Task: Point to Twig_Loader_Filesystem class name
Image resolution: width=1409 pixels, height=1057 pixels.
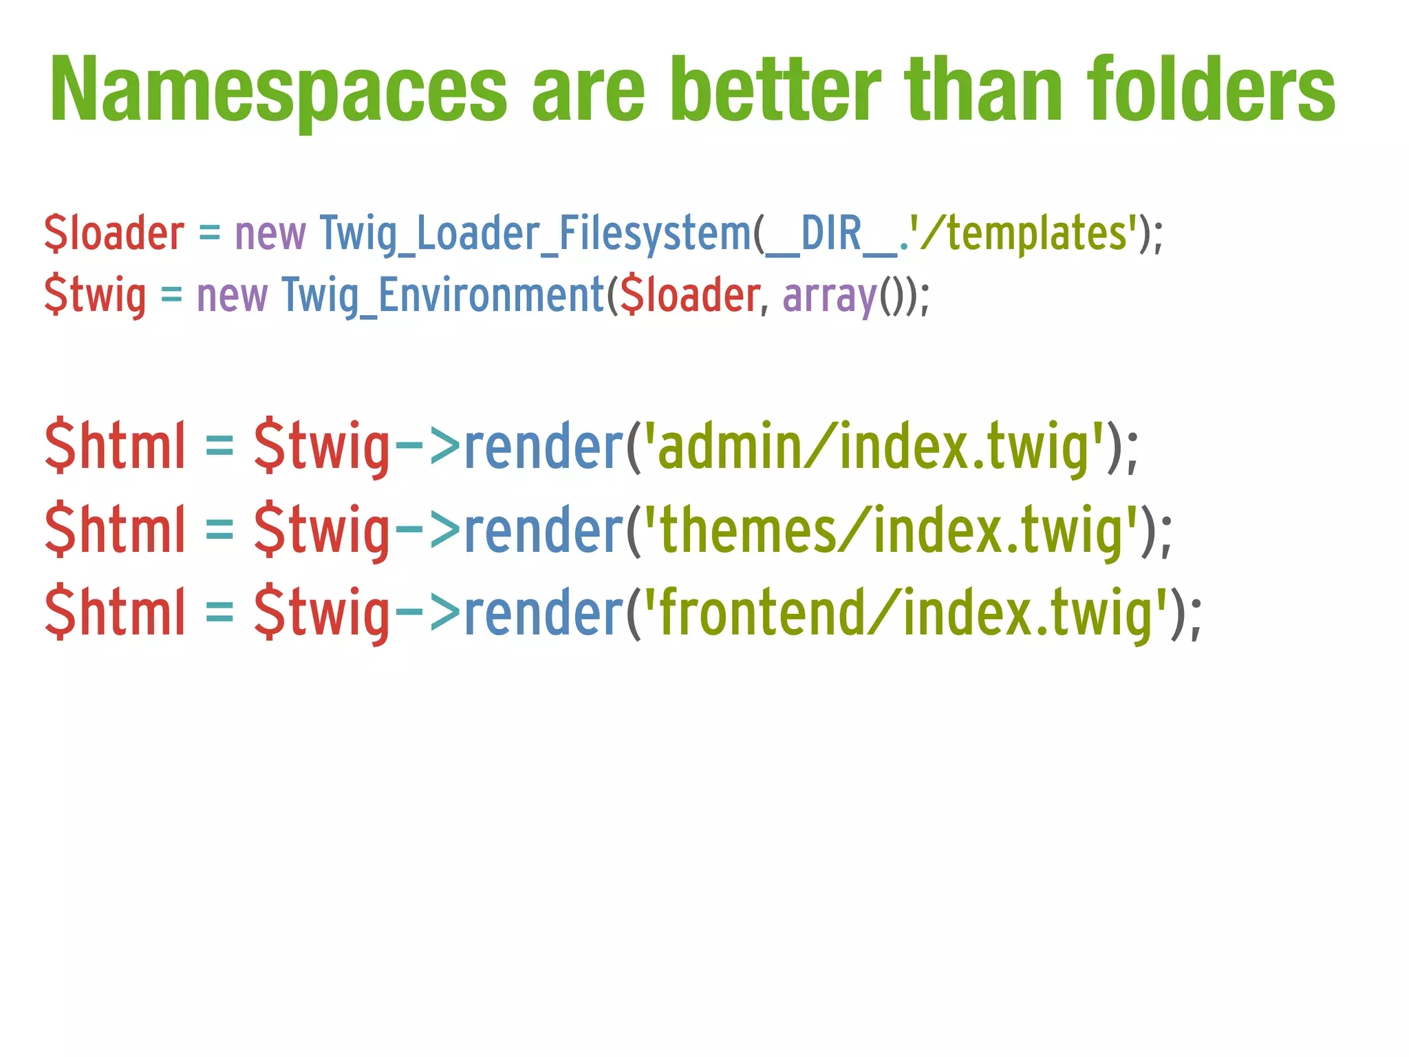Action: pyautogui.click(x=535, y=234)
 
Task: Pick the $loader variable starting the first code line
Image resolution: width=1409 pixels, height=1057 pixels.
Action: pyautogui.click(x=114, y=234)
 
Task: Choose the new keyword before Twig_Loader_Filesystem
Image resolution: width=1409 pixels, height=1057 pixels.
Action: pyautogui.click(x=270, y=234)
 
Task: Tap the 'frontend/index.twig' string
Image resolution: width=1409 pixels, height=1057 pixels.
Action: pyautogui.click(x=905, y=614)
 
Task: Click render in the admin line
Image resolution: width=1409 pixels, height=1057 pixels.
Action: pyautogui.click(x=544, y=447)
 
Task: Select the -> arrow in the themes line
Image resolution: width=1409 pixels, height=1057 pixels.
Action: pyautogui.click(x=427, y=531)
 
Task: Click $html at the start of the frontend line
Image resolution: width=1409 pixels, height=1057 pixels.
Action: pyautogui.click(x=116, y=614)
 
